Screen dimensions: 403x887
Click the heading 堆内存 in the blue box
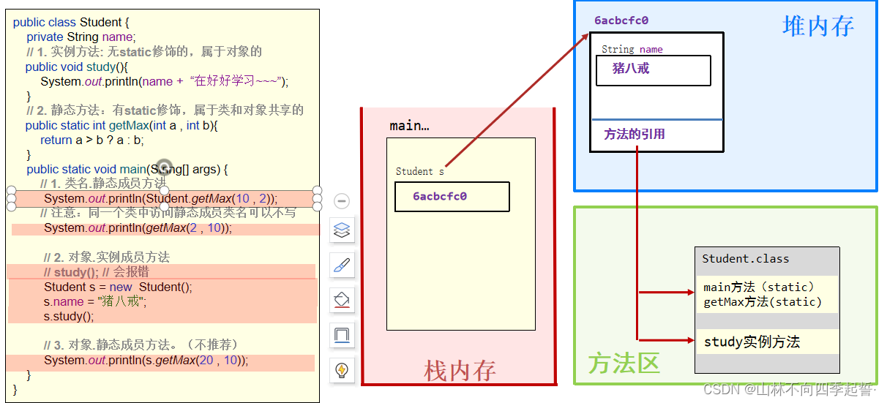tap(818, 27)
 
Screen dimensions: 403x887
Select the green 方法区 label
tap(624, 363)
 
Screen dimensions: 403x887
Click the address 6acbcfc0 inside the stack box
tap(440, 197)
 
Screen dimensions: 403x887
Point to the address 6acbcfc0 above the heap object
tap(621, 20)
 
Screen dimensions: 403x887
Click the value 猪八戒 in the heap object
tap(631, 69)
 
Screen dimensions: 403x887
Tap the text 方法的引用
tap(635, 135)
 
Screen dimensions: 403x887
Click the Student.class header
tap(746, 259)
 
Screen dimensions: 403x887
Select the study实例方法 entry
tap(752, 342)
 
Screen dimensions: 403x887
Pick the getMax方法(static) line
tap(762, 302)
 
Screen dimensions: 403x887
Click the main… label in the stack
tap(409, 126)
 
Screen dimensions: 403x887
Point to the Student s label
tap(419, 172)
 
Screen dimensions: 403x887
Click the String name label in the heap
tap(632, 50)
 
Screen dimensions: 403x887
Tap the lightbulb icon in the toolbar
tap(342, 370)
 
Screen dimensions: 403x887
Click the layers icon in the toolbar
tap(342, 230)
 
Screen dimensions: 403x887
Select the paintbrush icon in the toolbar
tap(342, 265)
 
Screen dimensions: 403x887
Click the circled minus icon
tap(342, 201)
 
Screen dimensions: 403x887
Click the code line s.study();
tap(69, 317)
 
